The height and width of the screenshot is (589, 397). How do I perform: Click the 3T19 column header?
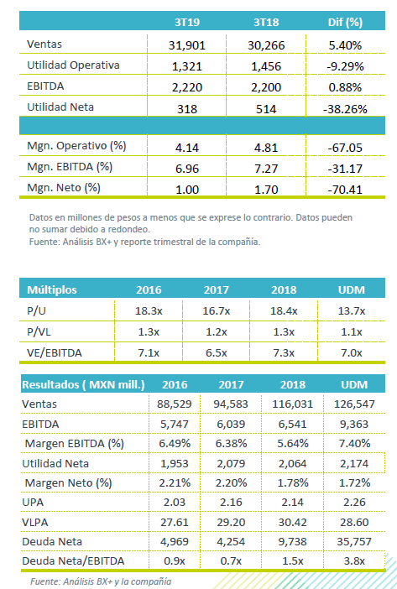click(187, 22)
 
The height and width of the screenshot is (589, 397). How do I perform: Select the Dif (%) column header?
click(345, 22)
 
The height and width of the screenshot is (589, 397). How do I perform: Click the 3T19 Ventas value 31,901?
click(187, 45)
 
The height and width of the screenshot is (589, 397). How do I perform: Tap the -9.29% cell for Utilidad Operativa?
click(345, 66)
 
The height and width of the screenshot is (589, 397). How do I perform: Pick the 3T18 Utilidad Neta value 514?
click(266, 109)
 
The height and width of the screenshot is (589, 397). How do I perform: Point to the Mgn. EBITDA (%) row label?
click(70, 167)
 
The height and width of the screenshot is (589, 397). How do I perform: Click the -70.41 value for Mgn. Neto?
click(345, 190)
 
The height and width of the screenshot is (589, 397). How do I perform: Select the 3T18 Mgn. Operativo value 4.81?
click(266, 148)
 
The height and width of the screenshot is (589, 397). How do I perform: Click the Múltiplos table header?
click(52, 289)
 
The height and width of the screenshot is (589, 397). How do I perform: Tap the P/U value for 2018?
click(284, 311)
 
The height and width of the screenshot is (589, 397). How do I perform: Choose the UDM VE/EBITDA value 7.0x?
click(352, 353)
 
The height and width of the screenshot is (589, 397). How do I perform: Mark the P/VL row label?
click(39, 332)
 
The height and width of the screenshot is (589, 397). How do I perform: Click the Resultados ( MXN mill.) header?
click(83, 384)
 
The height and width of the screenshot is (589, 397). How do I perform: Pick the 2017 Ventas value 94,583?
click(231, 404)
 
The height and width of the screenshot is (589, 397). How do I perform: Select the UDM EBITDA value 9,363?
click(354, 424)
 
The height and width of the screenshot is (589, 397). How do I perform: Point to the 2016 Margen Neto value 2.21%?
click(175, 482)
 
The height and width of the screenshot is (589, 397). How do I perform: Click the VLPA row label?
click(35, 522)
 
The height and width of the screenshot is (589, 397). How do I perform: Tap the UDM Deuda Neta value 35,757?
click(354, 542)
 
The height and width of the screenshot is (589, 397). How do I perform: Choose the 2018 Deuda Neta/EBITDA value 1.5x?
click(293, 561)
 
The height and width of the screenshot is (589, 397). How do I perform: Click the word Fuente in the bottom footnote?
click(44, 581)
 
